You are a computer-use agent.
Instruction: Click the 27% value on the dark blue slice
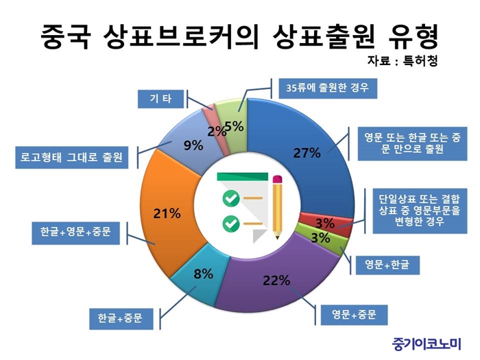(307, 153)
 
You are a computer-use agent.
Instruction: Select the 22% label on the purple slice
(276, 280)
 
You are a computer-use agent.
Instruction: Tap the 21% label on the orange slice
(167, 213)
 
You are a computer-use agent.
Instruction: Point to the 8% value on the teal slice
(203, 274)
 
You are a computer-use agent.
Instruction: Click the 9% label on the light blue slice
(193, 145)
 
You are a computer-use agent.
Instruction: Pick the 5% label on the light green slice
(235, 126)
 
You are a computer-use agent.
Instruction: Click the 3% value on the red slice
(325, 223)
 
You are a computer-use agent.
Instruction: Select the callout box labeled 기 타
(160, 99)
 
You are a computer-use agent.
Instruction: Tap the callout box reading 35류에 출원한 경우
(328, 88)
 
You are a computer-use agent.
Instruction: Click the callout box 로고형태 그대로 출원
(71, 158)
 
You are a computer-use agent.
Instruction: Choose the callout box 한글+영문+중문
(75, 232)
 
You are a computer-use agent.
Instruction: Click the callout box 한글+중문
(121, 319)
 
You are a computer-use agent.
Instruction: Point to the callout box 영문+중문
(355, 315)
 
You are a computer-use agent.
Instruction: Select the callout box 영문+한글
(387, 265)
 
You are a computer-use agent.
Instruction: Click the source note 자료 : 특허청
(402, 61)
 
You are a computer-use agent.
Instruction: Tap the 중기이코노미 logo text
(427, 344)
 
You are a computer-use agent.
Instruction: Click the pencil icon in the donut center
(277, 207)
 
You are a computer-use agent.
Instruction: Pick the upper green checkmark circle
(231, 198)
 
